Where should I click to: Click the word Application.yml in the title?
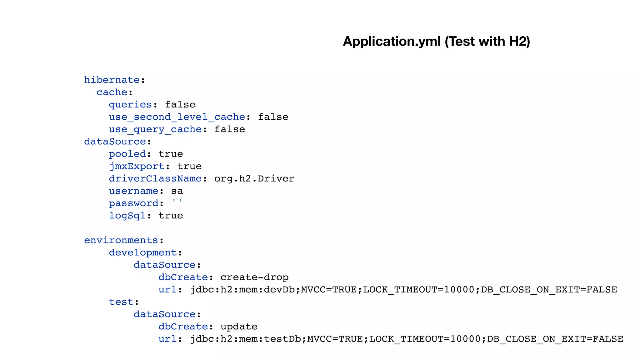coord(392,42)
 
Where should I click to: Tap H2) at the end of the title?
coord(519,42)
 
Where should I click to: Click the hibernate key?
coord(112,80)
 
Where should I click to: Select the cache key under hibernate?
coord(112,92)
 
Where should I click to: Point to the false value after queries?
coord(180,105)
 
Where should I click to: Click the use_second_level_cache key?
coord(177,117)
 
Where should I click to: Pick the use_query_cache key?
coord(155,129)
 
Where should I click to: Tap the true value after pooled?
coord(171,154)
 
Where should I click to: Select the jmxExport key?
coord(137,166)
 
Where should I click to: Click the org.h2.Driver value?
coord(254,179)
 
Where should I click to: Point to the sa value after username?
coord(177,191)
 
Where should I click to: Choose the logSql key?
coord(127,216)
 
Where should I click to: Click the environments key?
coord(121,240)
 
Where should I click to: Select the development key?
coord(143,252)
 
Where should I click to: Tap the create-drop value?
coord(254,277)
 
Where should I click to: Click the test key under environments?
coord(121,302)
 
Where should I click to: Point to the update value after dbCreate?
coord(239,327)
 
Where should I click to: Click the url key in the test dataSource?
coord(167,339)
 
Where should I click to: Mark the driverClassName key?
coord(155,179)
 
